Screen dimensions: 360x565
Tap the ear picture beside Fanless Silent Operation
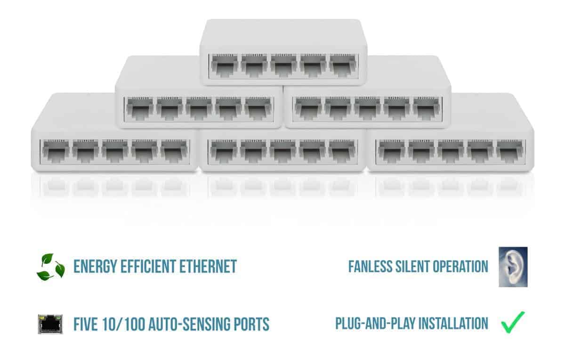[513, 267]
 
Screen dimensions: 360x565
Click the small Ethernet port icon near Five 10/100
[51, 324]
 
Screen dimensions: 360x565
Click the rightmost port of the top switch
[343, 66]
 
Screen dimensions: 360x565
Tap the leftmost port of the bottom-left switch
[55, 151]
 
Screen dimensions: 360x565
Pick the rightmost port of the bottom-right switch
[510, 151]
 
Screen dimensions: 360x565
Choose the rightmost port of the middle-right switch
[427, 109]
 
